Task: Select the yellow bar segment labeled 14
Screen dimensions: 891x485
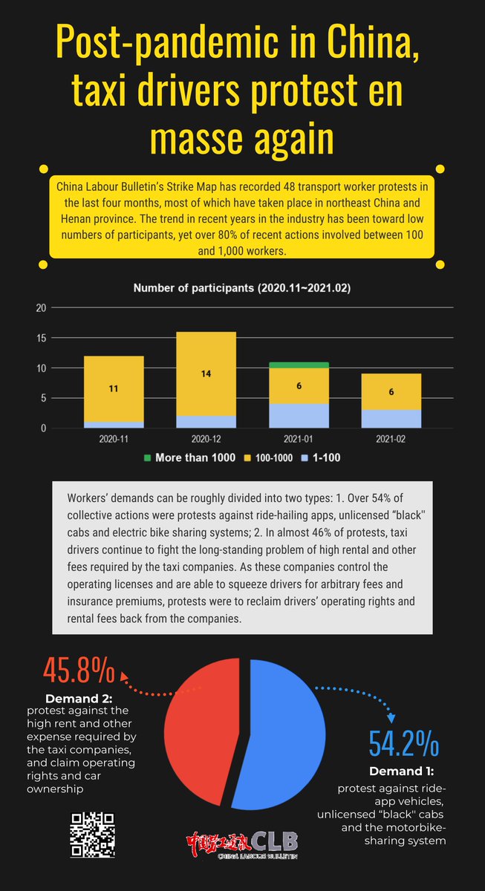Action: click(206, 374)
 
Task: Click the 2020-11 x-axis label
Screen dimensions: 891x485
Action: click(113, 438)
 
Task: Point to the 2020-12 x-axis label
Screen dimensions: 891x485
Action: click(206, 438)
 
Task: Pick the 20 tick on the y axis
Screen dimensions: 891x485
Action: click(42, 308)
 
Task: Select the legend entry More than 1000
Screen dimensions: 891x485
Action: click(189, 457)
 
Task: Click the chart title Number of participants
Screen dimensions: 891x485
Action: click(242, 287)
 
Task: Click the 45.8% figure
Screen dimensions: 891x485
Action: click(79, 670)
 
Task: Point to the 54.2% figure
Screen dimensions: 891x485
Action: click(404, 743)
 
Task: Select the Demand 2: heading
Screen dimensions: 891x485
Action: click(79, 699)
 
